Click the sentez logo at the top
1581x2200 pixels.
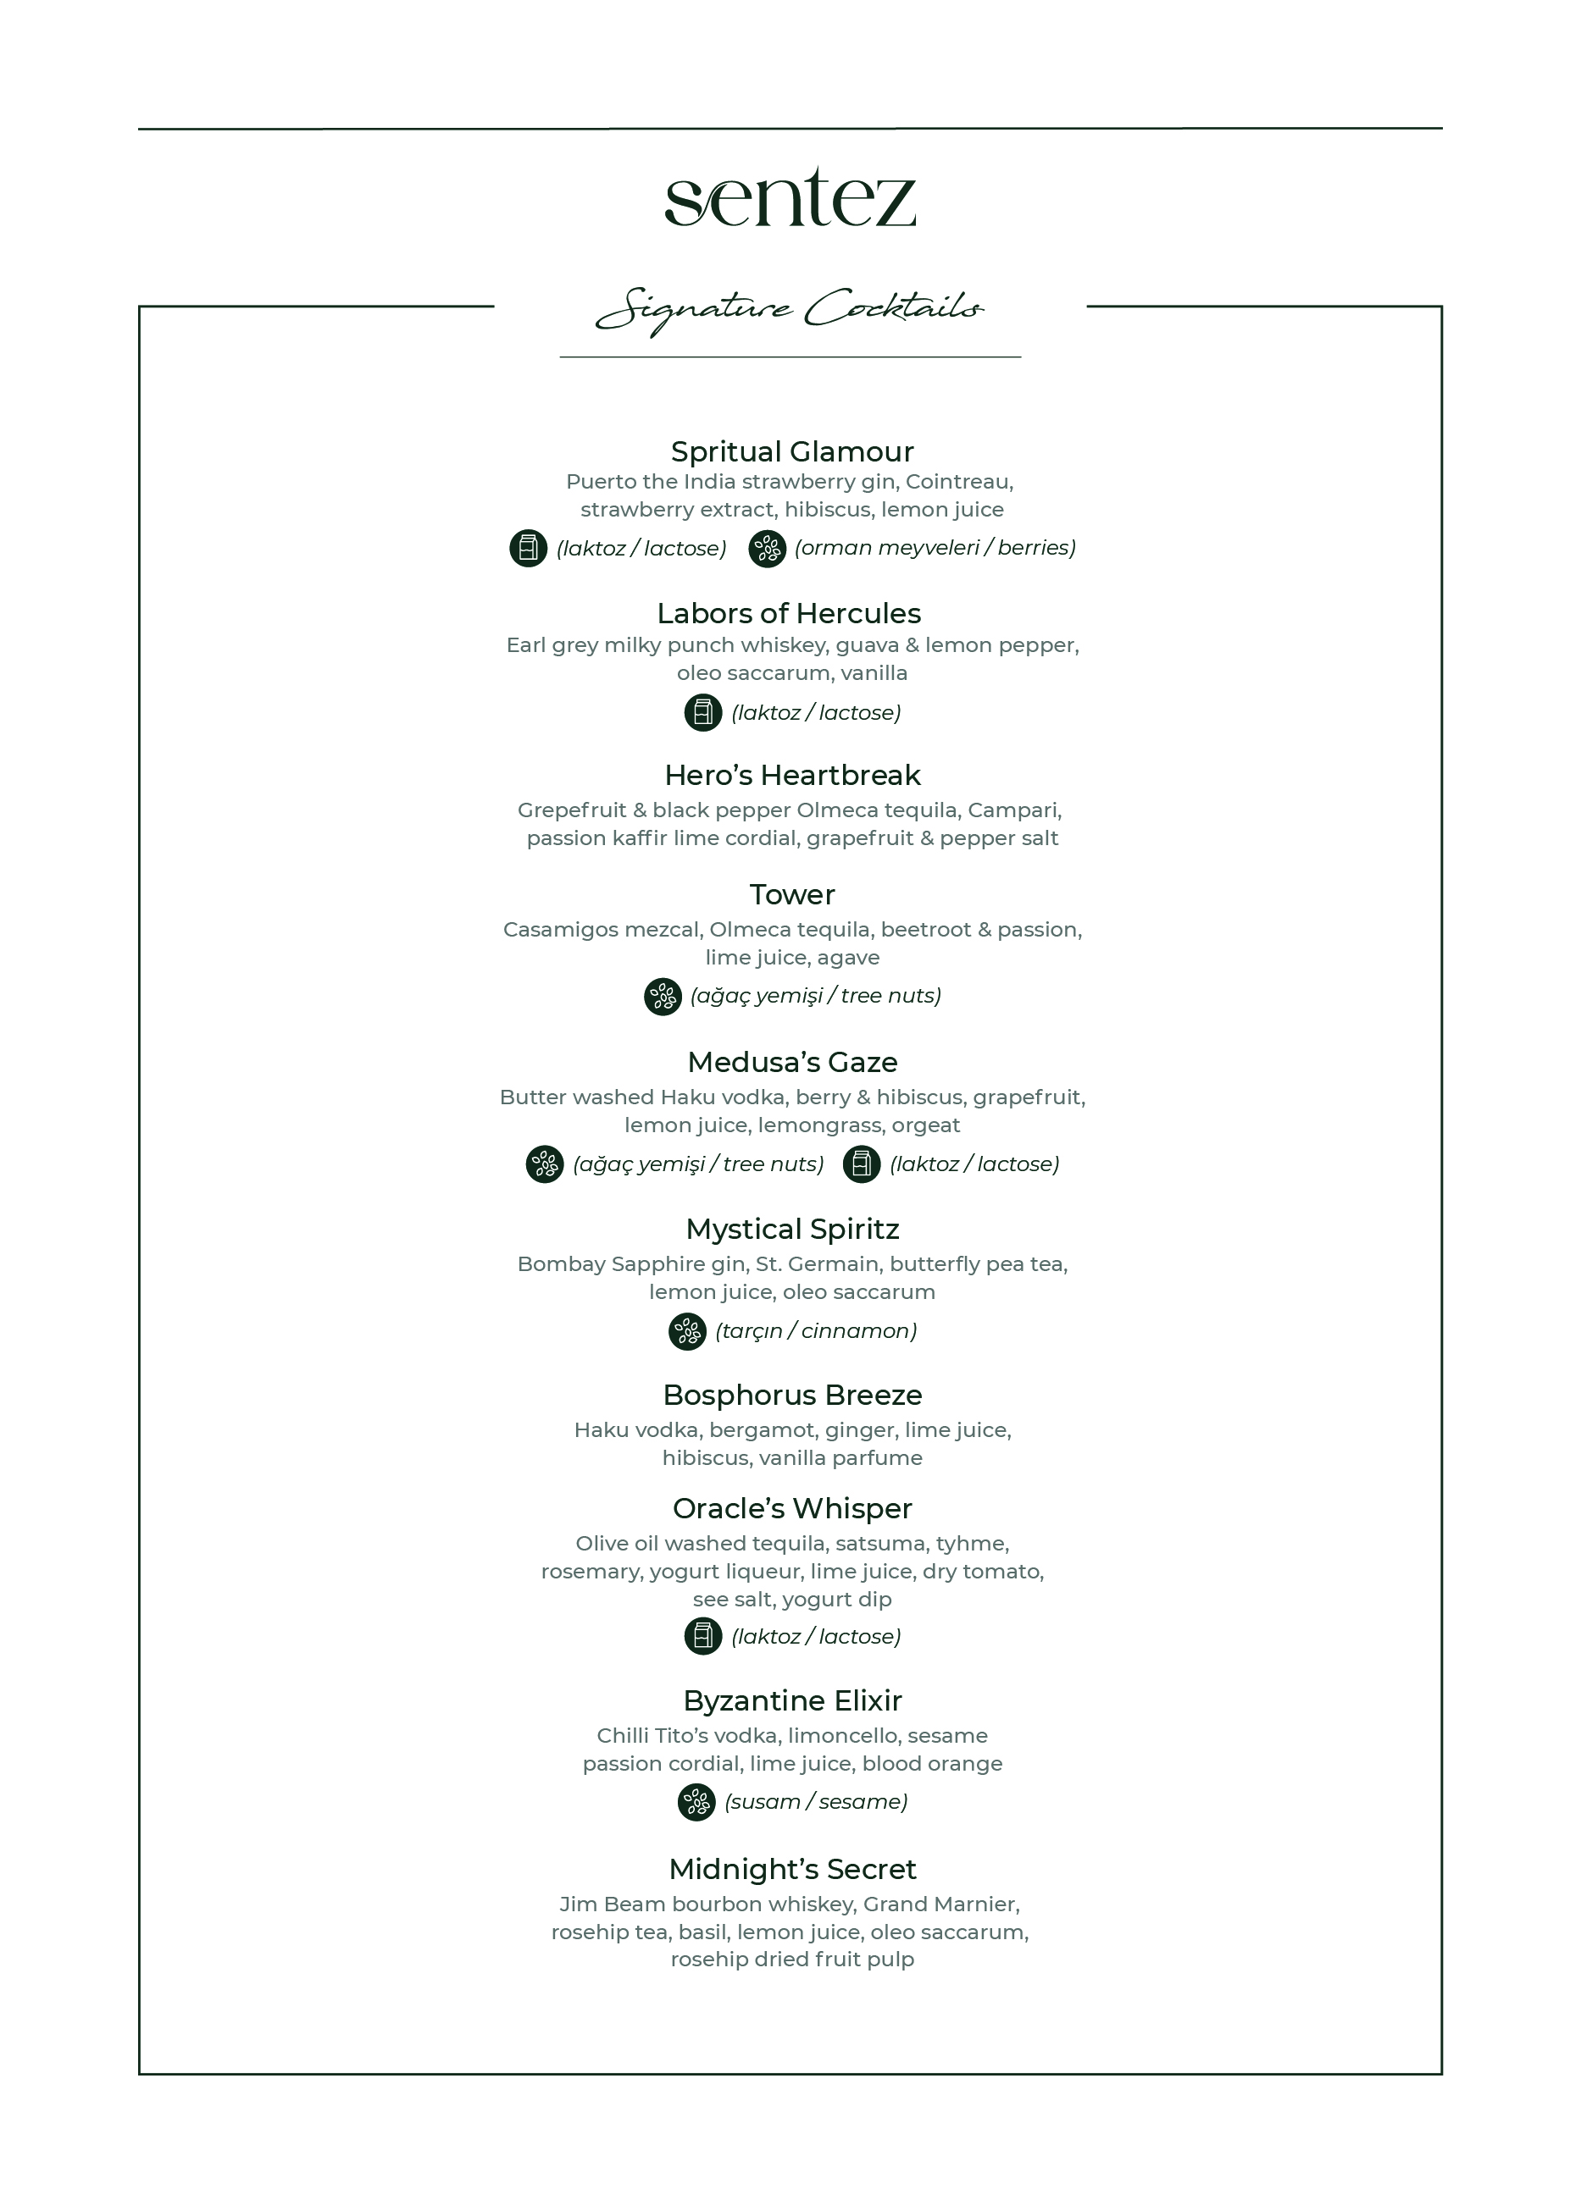click(790, 198)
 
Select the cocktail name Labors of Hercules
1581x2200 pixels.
click(789, 613)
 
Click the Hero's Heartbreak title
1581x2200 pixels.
click(792, 775)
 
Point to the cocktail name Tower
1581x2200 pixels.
click(792, 894)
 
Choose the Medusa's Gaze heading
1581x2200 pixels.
click(792, 1062)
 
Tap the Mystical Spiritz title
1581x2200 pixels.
click(792, 1229)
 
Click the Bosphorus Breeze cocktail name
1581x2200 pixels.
click(792, 1395)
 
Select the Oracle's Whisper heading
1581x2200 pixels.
click(792, 1508)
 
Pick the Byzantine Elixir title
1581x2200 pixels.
click(792, 1700)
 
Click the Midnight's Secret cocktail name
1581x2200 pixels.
click(792, 1869)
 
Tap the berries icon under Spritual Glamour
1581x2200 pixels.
click(767, 549)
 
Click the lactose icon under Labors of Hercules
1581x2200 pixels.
click(702, 713)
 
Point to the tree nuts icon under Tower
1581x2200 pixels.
click(663, 996)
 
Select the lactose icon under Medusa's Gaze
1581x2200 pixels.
click(861, 1164)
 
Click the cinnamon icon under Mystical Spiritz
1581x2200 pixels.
click(687, 1331)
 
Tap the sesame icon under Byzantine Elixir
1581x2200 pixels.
click(696, 1802)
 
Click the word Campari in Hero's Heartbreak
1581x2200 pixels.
click(1012, 810)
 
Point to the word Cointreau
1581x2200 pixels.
click(958, 482)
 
